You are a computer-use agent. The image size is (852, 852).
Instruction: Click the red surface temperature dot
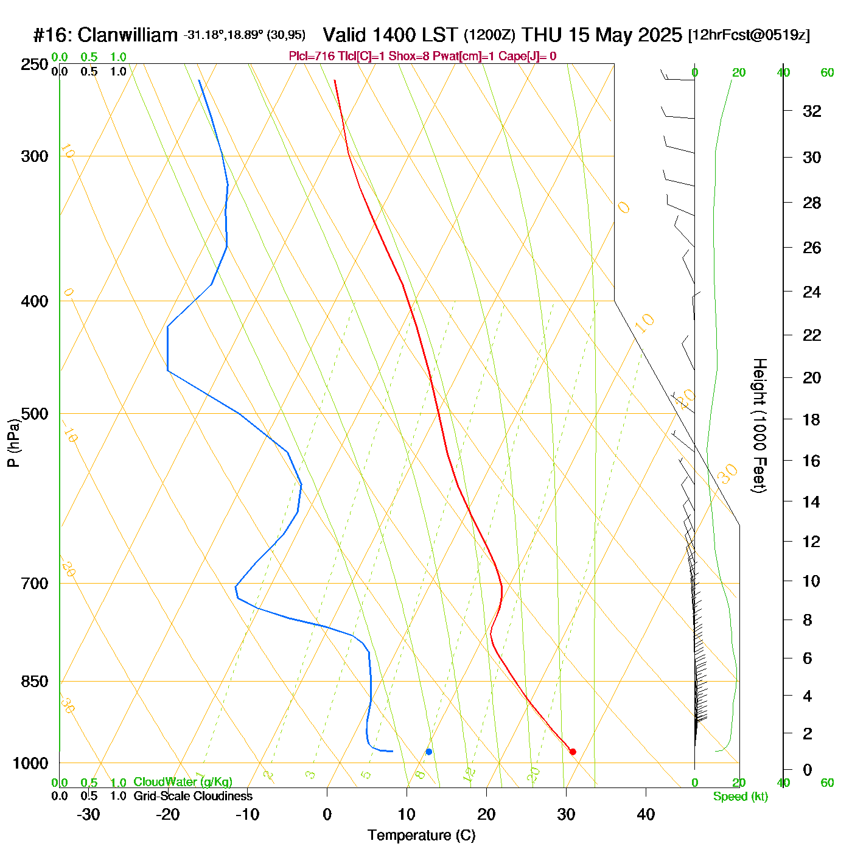coord(573,752)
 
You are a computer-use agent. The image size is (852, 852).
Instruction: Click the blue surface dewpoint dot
coord(429,752)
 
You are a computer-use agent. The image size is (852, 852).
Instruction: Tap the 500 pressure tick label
coord(35,414)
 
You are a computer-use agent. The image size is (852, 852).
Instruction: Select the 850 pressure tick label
coord(35,682)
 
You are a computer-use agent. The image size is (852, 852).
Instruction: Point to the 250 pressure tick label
coord(35,65)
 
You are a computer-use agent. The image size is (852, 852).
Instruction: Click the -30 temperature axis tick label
coord(88,814)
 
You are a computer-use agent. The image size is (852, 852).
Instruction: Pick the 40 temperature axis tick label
coord(646,814)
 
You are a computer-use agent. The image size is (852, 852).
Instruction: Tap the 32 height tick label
coord(812,111)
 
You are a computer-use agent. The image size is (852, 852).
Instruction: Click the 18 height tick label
coord(812,419)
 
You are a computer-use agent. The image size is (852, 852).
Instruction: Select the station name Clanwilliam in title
coord(128,35)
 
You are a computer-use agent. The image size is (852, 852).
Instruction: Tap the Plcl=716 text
coord(312,57)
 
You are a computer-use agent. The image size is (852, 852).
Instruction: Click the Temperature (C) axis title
coord(421,836)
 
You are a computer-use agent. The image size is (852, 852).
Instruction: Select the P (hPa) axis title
coord(13,443)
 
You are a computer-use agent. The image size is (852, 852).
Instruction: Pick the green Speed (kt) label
coord(740,797)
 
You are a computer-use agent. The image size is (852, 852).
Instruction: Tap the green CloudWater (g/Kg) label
coord(183,782)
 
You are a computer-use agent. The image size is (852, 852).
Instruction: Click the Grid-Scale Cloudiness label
coord(193,796)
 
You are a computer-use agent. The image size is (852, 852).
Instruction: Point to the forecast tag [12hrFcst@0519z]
coord(749,35)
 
